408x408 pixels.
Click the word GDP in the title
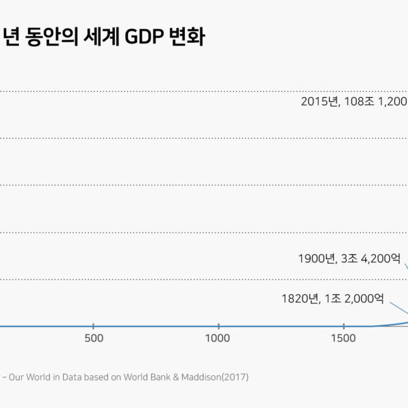click(139, 37)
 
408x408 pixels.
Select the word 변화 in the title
click(184, 37)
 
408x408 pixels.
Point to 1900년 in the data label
click(317, 258)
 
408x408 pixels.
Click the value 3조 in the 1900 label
click(350, 258)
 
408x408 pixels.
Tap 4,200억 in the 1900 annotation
click(382, 258)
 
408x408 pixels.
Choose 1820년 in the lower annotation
click(300, 298)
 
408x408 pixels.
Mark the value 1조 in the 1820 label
click(333, 298)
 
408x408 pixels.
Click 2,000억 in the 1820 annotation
click(366, 298)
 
